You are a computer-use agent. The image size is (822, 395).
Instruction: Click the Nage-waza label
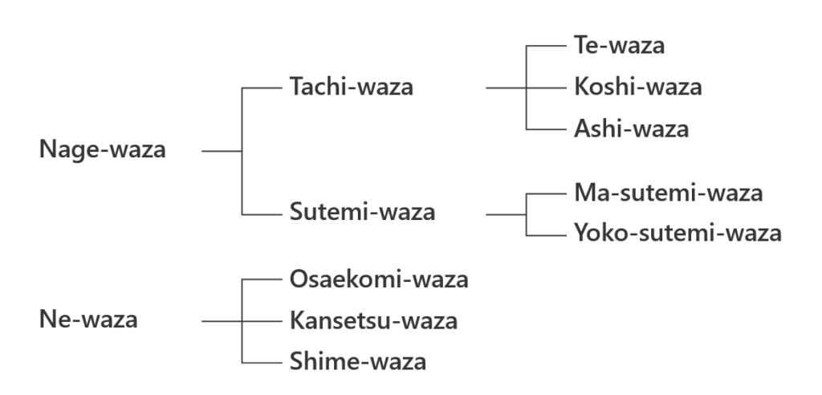click(x=103, y=150)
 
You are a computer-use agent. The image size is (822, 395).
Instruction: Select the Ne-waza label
click(x=88, y=320)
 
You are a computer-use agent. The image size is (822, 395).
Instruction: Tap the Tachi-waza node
click(x=351, y=87)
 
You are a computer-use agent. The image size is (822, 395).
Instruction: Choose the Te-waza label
click(x=619, y=46)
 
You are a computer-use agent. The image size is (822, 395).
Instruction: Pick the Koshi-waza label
click(x=638, y=87)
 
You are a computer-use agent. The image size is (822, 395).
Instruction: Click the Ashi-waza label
click(x=631, y=128)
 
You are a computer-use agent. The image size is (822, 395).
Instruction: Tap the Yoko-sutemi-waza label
click(x=678, y=234)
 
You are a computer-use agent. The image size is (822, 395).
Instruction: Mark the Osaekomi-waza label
click(x=379, y=279)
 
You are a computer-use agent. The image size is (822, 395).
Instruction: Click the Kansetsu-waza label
click(x=373, y=321)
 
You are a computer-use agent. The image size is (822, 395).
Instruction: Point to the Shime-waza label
click(x=357, y=362)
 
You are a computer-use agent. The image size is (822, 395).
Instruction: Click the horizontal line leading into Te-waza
click(x=547, y=46)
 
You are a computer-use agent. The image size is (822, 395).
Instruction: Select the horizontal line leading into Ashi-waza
click(x=547, y=128)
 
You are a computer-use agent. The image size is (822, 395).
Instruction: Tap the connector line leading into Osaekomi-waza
click(x=262, y=279)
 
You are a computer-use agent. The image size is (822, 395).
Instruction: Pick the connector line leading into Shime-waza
click(x=262, y=362)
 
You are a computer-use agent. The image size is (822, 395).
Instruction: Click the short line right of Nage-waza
click(x=222, y=150)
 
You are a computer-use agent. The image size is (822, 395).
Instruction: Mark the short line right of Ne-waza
click(x=222, y=321)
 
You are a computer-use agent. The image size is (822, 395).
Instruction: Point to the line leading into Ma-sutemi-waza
click(x=547, y=193)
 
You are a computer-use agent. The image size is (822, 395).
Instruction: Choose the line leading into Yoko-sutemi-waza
click(x=547, y=234)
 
